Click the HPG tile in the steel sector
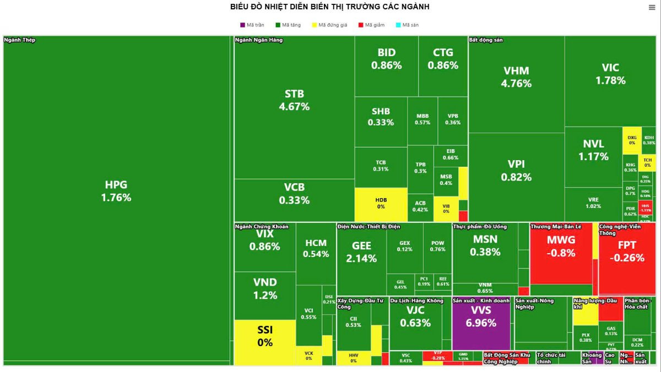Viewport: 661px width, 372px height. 116,190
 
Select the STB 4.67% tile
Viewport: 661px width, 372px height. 294,100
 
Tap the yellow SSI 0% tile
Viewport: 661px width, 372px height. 265,336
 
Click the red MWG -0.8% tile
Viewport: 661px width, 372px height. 561,247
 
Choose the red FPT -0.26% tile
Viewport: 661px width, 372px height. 627,251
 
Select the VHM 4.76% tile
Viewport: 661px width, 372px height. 516,77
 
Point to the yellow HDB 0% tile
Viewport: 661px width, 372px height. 381,203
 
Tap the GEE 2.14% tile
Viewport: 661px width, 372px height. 361,252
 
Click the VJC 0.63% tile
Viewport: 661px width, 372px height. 415,316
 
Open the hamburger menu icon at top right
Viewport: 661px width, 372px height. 652,7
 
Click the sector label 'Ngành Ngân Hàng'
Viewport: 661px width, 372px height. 255,40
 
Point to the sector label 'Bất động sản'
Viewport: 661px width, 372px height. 485,40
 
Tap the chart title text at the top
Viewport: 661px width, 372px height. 330,7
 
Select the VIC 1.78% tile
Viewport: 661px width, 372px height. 610,74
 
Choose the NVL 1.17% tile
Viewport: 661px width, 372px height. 593,150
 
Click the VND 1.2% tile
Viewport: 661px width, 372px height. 265,288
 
